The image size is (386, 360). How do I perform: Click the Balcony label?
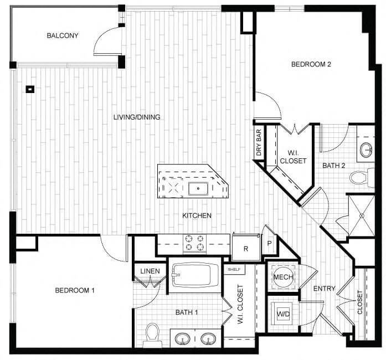62,36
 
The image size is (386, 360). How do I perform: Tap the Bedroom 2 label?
311,64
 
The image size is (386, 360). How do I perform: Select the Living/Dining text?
136,117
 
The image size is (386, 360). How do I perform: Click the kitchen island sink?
197,188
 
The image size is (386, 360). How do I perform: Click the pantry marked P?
269,243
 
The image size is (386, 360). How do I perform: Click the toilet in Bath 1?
152,335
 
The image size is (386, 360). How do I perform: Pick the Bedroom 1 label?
75,290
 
